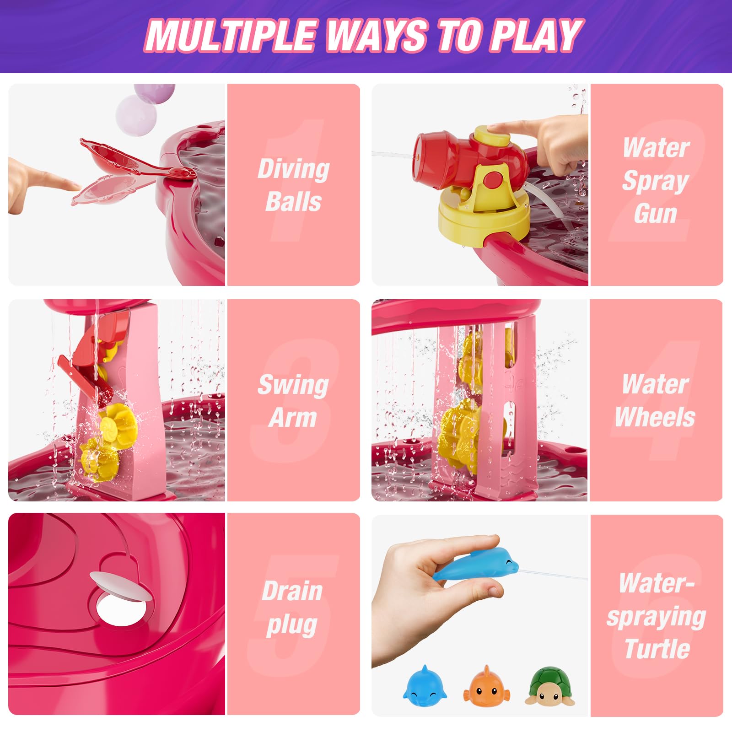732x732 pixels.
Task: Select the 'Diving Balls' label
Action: (x=293, y=185)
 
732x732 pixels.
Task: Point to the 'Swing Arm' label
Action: (x=293, y=401)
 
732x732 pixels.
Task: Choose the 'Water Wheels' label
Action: (x=655, y=401)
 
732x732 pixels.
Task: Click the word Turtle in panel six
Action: (x=657, y=649)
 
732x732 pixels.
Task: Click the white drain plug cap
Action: (x=121, y=586)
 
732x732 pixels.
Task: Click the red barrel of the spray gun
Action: (x=439, y=153)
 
